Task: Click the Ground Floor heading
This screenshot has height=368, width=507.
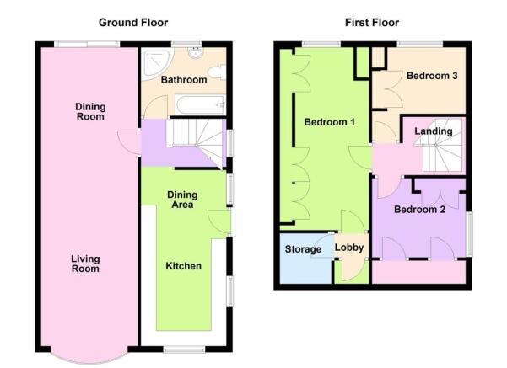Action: [133, 23]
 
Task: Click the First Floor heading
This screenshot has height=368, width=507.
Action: [372, 23]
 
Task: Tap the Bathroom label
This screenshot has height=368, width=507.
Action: [183, 80]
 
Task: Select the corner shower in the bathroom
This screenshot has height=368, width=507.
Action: [154, 60]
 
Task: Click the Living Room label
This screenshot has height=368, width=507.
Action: [84, 264]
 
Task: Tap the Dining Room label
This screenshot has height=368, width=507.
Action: [89, 111]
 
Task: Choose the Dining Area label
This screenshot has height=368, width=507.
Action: [181, 199]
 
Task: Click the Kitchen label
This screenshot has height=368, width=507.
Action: [183, 266]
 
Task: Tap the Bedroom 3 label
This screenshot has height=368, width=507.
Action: [432, 76]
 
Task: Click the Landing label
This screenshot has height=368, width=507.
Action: [434, 131]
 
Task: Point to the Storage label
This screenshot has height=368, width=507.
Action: [303, 249]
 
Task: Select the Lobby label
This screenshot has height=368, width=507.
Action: [349, 248]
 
